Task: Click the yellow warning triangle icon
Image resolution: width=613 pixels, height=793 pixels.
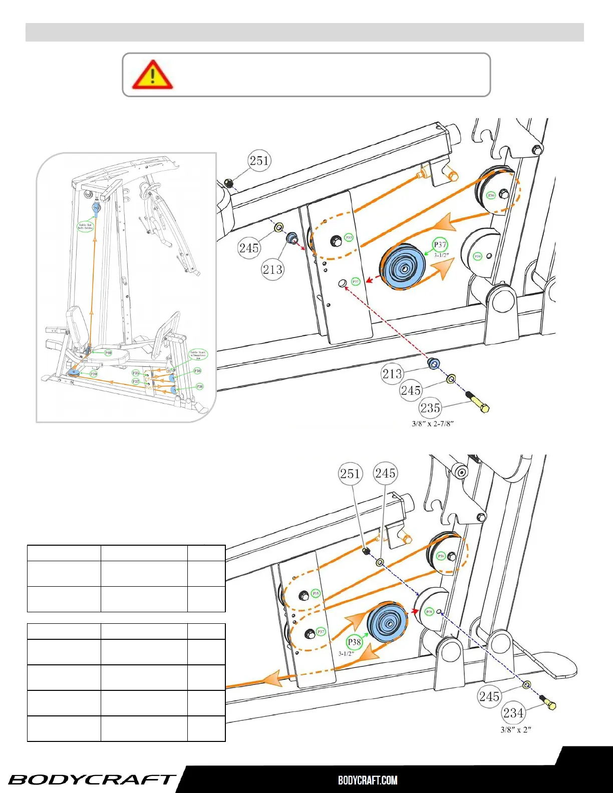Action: coord(152,75)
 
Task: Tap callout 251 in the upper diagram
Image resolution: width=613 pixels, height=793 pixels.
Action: coord(259,161)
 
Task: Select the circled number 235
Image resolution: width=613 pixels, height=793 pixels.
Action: coord(430,408)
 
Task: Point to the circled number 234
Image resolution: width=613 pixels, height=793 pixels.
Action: coord(513,713)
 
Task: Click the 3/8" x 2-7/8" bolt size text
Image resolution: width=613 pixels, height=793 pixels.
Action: coord(433,424)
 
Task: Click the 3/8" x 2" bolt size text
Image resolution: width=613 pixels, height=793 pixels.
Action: coord(516,729)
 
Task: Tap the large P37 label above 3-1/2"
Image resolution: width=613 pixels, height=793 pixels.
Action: coord(440,245)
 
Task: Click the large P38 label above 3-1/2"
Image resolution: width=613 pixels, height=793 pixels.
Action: coord(355,642)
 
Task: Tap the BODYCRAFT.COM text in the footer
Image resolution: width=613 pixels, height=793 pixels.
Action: coord(368,780)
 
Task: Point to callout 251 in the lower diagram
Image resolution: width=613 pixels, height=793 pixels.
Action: coord(350,474)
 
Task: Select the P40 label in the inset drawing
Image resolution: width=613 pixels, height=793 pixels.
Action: coord(108,353)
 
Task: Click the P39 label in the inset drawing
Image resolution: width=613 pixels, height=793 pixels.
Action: coord(94,374)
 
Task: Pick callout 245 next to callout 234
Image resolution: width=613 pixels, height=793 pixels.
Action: coord(489,696)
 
